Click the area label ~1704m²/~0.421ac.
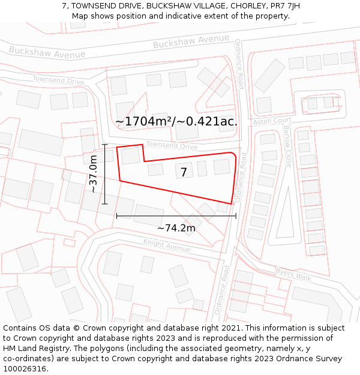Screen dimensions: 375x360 [x=176, y=121]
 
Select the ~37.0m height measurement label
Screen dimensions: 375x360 [x=93, y=174]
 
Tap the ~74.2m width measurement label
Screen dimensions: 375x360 [x=176, y=228]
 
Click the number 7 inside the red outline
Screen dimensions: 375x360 [x=184, y=172]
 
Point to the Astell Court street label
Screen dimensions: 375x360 [x=271, y=121]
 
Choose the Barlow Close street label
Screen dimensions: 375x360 [x=288, y=146]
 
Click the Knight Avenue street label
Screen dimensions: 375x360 [x=166, y=245]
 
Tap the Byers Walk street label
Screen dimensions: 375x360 [x=293, y=274]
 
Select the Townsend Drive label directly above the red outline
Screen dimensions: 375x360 [x=172, y=146]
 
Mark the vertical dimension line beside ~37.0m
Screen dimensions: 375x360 [x=105, y=174]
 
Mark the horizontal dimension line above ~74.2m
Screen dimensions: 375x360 [x=176, y=215]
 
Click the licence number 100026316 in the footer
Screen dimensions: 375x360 [x=25, y=369]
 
